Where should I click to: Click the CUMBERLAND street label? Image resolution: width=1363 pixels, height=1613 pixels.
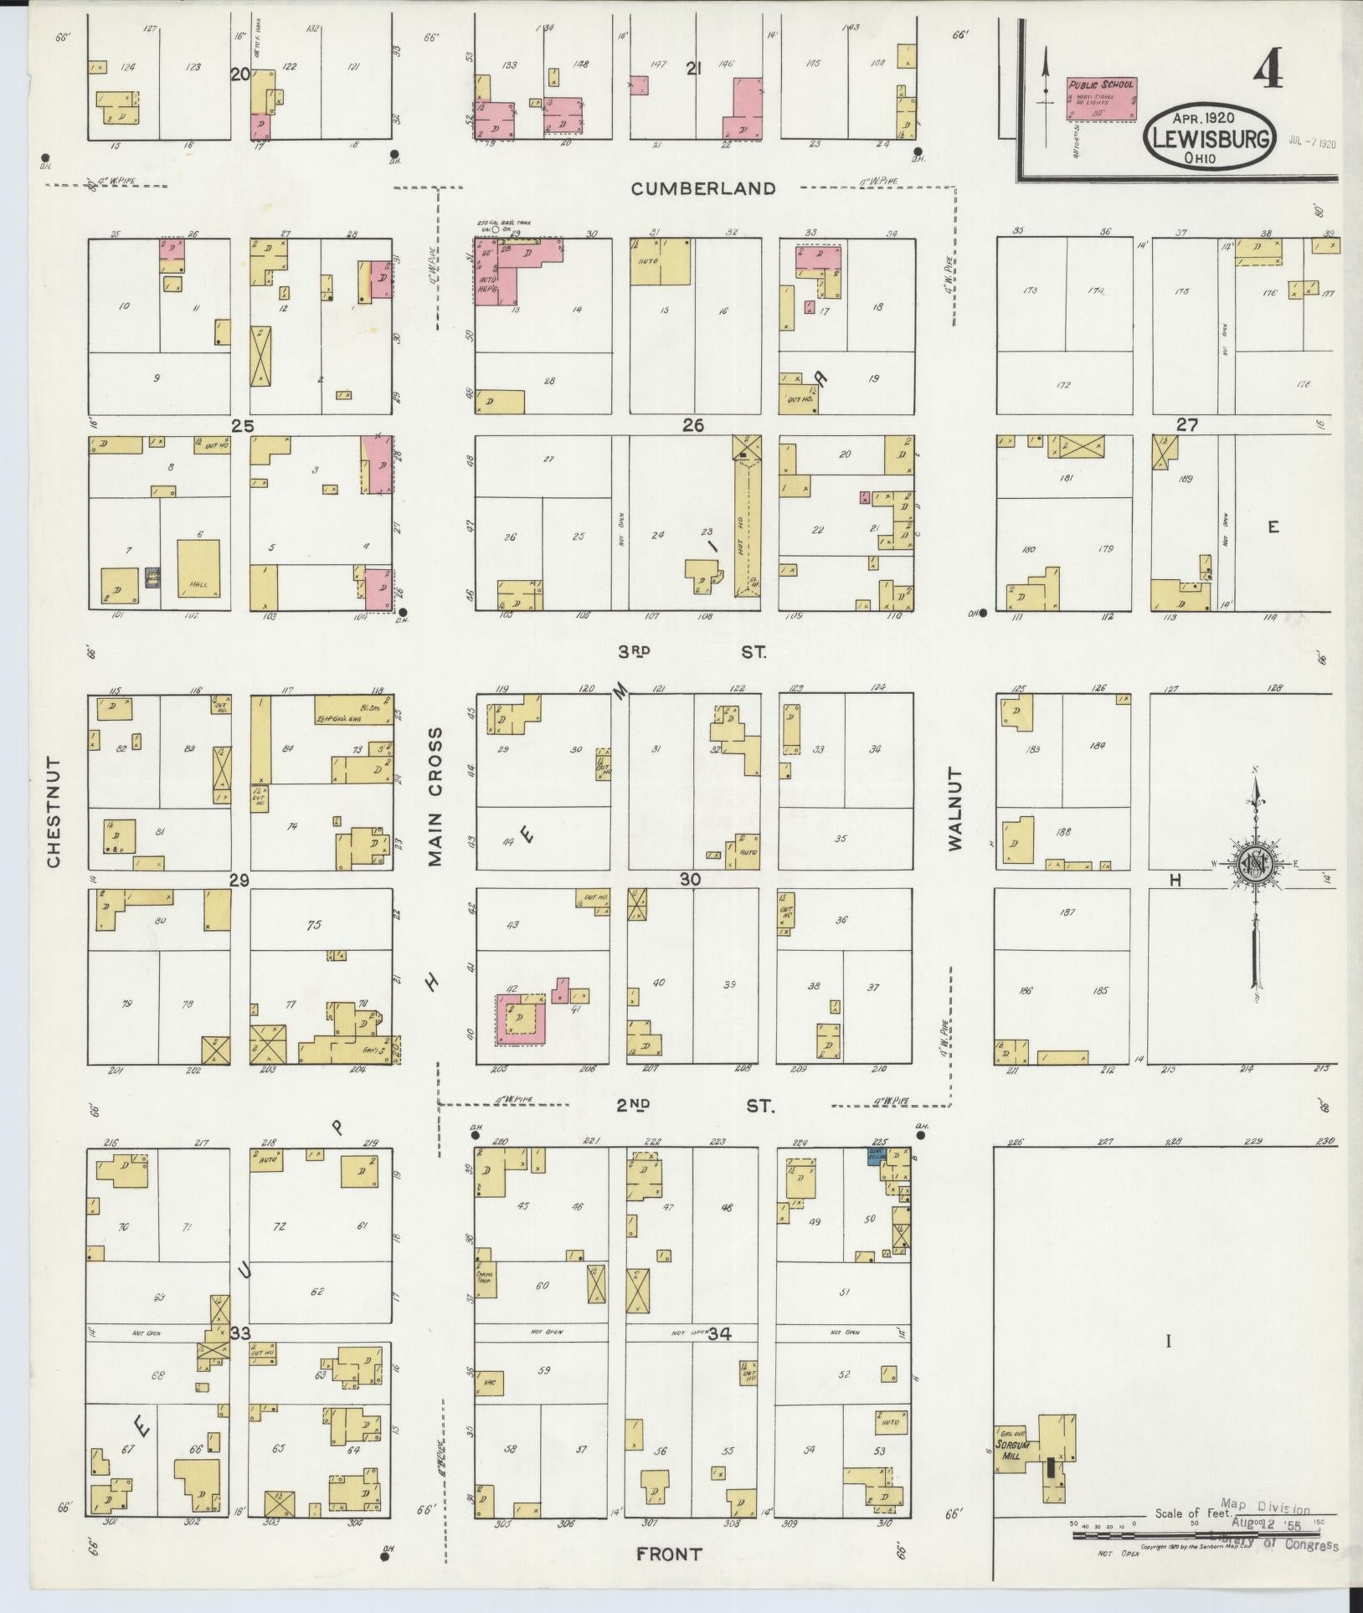703,188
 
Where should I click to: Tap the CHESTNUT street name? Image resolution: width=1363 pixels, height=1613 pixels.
55,812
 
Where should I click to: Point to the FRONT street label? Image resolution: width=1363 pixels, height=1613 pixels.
669,1554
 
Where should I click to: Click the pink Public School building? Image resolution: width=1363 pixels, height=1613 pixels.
1101,100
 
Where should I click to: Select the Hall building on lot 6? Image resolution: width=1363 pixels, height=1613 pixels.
198,568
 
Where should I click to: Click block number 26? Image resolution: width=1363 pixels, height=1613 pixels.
692,425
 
